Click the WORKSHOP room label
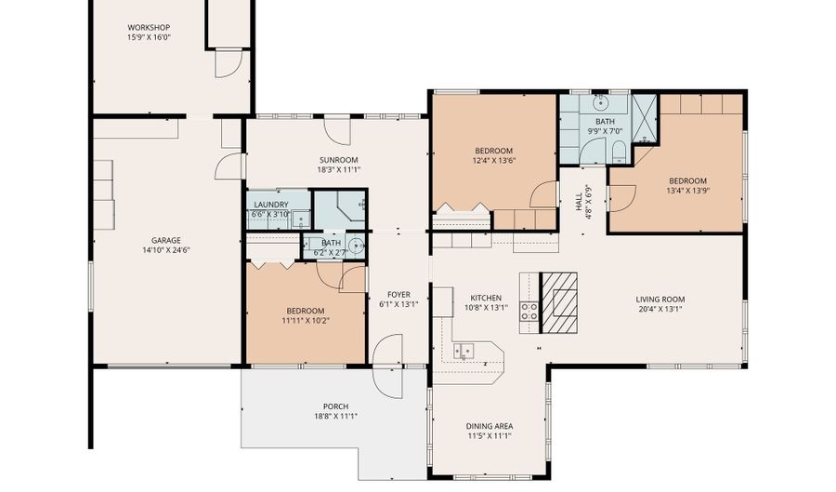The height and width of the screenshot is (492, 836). [x=149, y=28]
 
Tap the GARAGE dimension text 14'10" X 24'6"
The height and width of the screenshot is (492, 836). [x=166, y=250]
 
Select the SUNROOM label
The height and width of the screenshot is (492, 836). [x=338, y=160]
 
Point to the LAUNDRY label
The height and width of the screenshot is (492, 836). [x=271, y=205]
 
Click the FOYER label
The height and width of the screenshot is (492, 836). [x=398, y=295]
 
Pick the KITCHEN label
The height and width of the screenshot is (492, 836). [x=486, y=298]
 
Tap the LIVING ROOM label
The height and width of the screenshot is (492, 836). [x=660, y=299]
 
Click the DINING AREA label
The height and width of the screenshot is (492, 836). [x=490, y=426]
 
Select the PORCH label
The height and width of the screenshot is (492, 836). [x=336, y=406]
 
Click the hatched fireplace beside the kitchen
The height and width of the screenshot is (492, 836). [x=559, y=303]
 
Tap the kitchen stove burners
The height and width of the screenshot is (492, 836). [x=529, y=311]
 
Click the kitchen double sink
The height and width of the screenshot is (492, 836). [x=464, y=352]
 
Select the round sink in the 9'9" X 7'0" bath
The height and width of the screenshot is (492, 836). [x=601, y=101]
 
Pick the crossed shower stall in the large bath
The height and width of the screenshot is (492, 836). [x=645, y=119]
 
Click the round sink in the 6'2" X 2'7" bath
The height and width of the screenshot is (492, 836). [x=356, y=246]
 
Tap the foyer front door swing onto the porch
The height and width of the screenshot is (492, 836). [x=387, y=366]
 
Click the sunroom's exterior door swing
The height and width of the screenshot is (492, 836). [x=337, y=131]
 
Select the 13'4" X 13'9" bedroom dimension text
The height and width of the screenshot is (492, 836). [x=687, y=191]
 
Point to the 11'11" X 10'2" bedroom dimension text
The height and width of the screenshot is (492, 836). [x=306, y=321]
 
